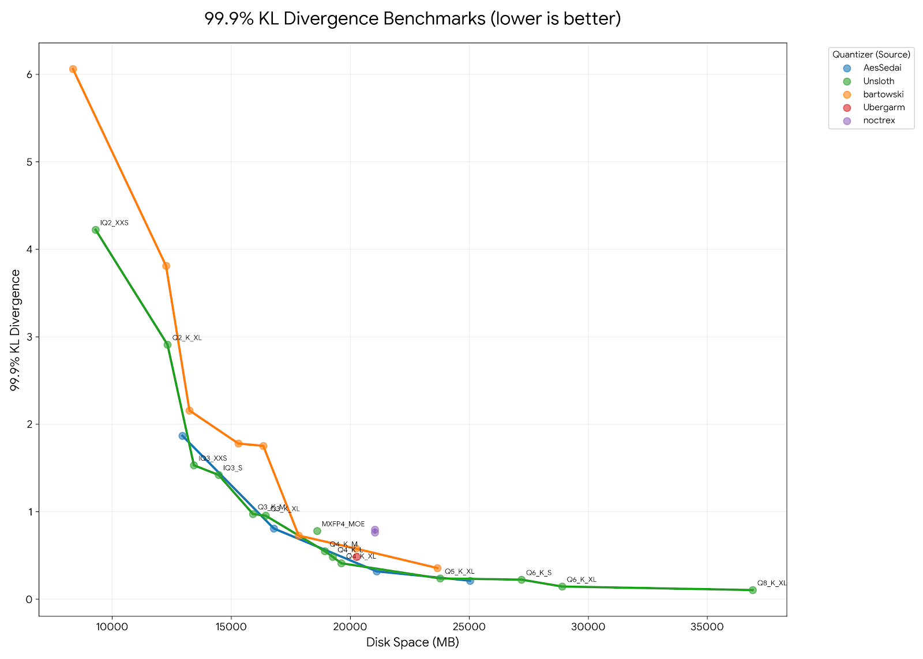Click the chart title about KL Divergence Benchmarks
pyautogui.click(x=412, y=19)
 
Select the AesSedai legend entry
pyautogui.click(x=882, y=68)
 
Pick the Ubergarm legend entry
pyautogui.click(x=884, y=108)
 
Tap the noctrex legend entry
pyautogui.click(x=879, y=121)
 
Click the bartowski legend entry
pyautogui.click(x=883, y=95)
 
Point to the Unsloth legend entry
pyautogui.click(x=879, y=81)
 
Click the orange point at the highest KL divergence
pyautogui.click(x=73, y=69)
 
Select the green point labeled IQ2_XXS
pyautogui.click(x=96, y=230)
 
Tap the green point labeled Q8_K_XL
pyautogui.click(x=752, y=590)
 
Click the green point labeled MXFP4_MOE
pyautogui.click(x=317, y=531)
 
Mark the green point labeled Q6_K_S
pyautogui.click(x=521, y=579)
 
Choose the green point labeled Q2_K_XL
pyautogui.click(x=167, y=345)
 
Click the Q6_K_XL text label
pyautogui.click(x=581, y=579)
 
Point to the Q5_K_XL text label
pyautogui.click(x=459, y=571)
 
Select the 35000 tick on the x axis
pyautogui.click(x=707, y=627)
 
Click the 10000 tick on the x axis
pyautogui.click(x=112, y=627)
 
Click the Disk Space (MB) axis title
pyautogui.click(x=412, y=642)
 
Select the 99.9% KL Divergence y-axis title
pyautogui.click(x=16, y=330)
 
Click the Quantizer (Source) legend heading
pyautogui.click(x=871, y=55)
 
